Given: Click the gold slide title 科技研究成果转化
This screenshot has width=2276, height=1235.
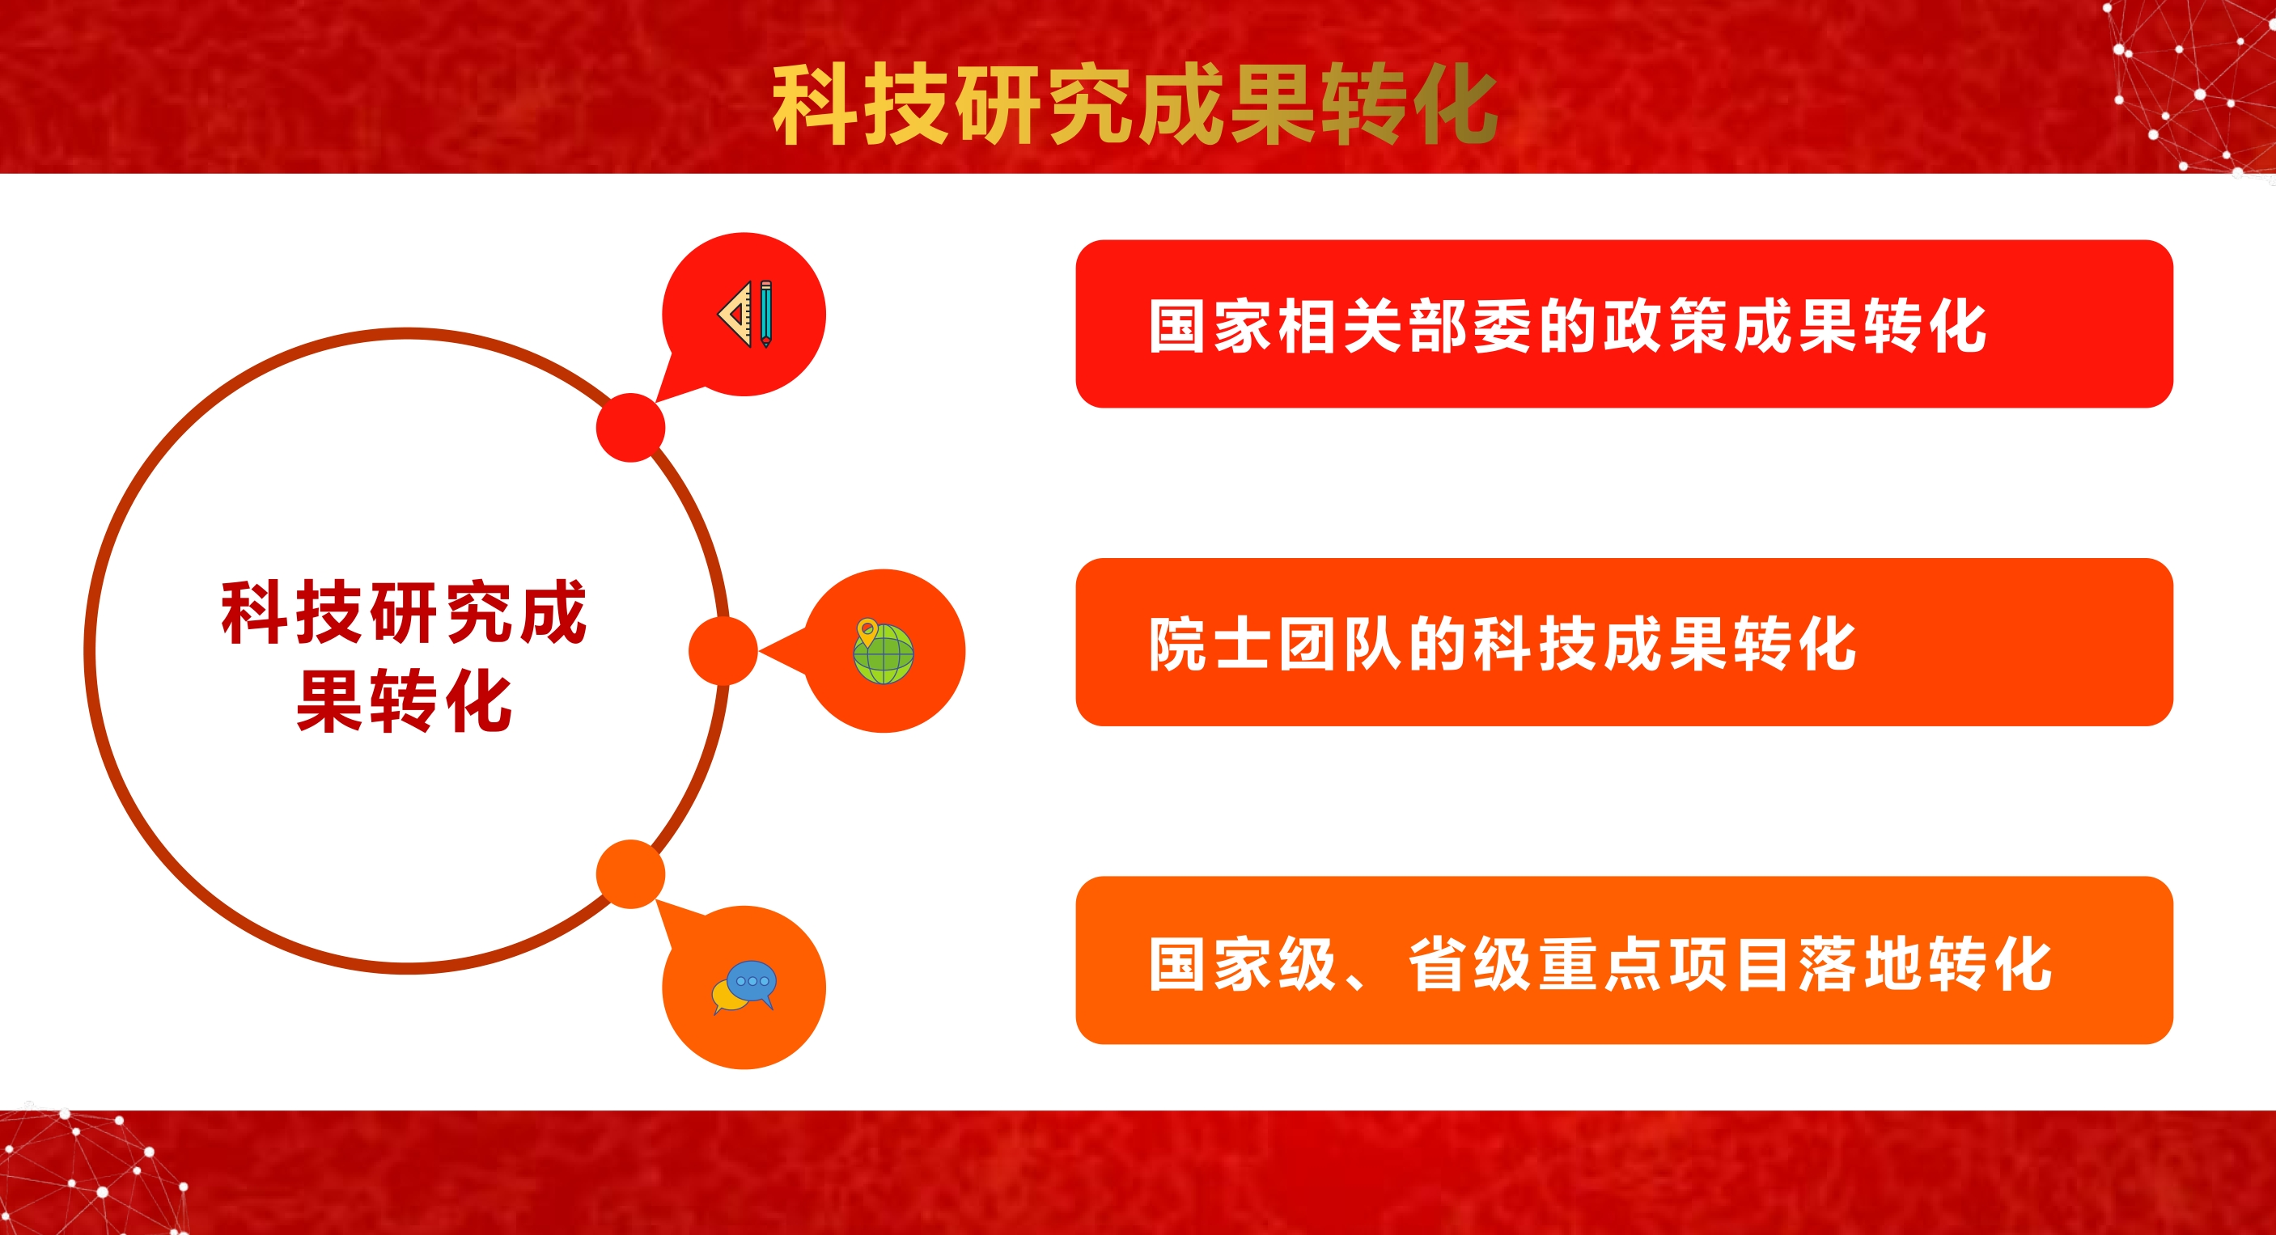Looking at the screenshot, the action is point(1134,104).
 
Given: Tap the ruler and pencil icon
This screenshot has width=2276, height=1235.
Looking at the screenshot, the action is point(746,315).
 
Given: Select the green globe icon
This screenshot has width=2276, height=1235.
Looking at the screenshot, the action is point(883,652).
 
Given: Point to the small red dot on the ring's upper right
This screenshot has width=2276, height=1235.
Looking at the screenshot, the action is point(630,428).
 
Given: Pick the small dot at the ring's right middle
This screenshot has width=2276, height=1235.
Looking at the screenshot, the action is point(723,651).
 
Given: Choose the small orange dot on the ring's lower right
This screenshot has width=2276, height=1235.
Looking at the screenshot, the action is point(630,873).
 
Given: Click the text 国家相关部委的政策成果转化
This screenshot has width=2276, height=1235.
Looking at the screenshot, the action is point(1568,326).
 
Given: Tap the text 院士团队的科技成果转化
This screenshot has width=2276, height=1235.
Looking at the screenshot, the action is point(1502,643).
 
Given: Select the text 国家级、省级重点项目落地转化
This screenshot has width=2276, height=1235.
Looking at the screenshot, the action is point(1600,963).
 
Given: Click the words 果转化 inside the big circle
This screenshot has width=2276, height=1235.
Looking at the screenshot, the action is point(404,700).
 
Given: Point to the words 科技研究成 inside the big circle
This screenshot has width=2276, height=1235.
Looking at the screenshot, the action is point(404,611).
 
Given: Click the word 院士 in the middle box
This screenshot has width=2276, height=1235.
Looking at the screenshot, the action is point(1210,643).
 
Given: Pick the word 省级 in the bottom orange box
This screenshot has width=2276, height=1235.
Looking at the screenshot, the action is point(1470,963).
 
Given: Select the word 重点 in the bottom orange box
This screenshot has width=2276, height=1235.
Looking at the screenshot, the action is point(1601,963).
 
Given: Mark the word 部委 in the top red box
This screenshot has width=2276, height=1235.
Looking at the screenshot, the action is point(1470,326).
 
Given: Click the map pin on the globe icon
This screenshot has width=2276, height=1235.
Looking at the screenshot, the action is point(867,632).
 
